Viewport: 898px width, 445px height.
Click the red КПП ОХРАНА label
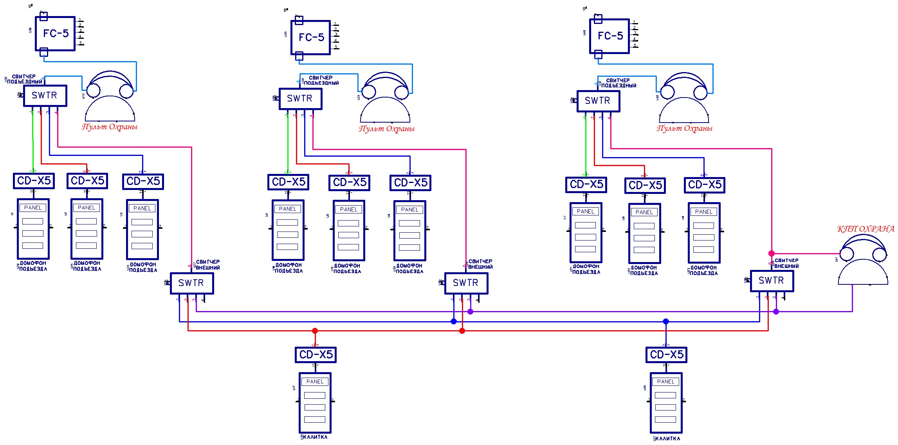click(866, 229)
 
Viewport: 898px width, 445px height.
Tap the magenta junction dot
click(772, 253)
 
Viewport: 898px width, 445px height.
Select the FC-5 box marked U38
click(55, 34)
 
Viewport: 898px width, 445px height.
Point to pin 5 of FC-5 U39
click(336, 48)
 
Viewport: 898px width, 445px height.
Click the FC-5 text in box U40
click(610, 36)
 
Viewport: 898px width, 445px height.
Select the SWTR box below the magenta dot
click(772, 280)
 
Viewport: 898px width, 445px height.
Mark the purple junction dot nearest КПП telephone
click(776, 312)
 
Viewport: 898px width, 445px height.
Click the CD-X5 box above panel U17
click(316, 355)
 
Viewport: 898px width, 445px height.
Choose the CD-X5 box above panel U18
click(666, 355)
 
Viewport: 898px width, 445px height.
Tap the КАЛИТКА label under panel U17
click(315, 437)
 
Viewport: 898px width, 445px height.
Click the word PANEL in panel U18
click(665, 382)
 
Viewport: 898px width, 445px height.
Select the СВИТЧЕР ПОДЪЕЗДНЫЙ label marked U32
click(24, 79)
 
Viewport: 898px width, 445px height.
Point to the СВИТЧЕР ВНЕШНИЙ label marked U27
click(207, 265)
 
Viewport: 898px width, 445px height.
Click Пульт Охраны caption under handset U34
click(386, 129)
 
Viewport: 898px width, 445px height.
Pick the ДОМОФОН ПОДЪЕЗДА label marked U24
click(143, 267)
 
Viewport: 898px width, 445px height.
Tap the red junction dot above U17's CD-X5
click(315, 331)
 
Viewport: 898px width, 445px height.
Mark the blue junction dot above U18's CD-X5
click(666, 322)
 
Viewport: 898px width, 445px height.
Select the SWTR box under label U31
click(598, 101)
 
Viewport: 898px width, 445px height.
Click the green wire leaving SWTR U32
click(32, 141)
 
